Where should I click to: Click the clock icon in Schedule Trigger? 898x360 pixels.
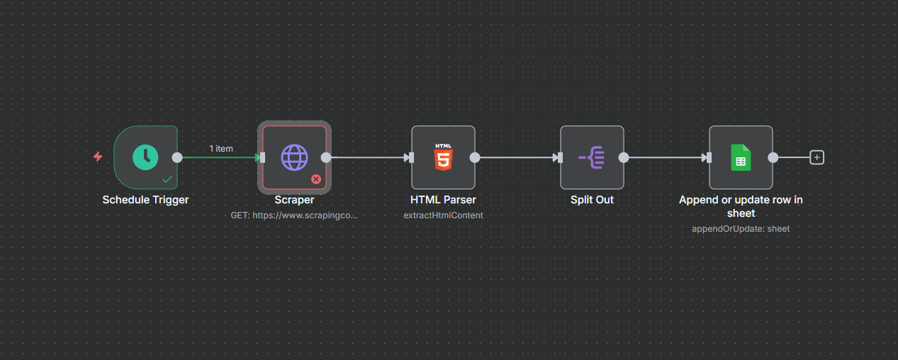click(145, 157)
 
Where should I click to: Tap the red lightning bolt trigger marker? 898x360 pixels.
click(98, 157)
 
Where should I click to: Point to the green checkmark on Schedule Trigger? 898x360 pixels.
click(167, 179)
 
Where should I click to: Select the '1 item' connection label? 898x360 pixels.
click(221, 149)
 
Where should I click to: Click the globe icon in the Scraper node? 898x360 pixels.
click(295, 157)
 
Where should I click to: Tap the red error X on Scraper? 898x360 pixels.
click(316, 179)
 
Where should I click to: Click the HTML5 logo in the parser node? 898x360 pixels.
click(444, 157)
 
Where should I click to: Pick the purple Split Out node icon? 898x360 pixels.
click(592, 157)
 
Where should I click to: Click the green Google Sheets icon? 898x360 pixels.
click(741, 157)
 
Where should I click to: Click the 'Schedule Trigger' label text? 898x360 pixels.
click(145, 200)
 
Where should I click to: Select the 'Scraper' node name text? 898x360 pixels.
click(294, 200)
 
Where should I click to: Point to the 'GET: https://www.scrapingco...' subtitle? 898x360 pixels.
click(294, 215)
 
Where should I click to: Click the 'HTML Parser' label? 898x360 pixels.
click(443, 200)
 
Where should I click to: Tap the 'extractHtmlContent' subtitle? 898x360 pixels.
click(443, 215)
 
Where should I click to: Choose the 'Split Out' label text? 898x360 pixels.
click(592, 200)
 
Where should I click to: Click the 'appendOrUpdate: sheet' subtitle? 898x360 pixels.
click(741, 229)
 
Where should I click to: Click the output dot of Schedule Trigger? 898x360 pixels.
click(177, 157)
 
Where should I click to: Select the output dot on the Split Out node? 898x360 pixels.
click(624, 157)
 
